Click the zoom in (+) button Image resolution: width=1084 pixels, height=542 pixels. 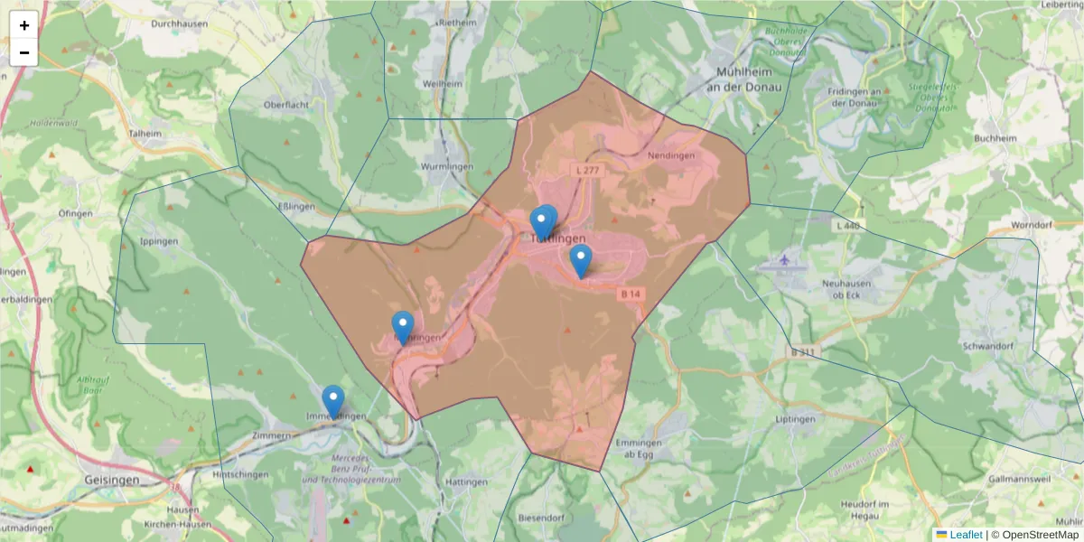pos(23,25)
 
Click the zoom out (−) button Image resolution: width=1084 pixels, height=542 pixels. pos(23,52)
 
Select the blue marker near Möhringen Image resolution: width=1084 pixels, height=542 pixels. pos(403,327)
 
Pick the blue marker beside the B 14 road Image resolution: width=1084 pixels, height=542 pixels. pos(581,260)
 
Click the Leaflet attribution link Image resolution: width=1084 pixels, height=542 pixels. pos(966,535)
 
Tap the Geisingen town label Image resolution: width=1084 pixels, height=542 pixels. pos(111,481)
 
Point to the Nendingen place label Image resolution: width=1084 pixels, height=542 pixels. pos(672,155)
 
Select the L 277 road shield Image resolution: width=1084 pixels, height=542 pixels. pos(586,170)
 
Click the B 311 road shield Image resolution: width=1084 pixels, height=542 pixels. pos(801,351)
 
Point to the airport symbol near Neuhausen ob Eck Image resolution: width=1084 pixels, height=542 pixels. pos(784,261)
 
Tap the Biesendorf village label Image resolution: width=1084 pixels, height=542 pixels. pos(541,518)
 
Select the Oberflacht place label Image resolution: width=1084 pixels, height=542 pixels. pos(287,104)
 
